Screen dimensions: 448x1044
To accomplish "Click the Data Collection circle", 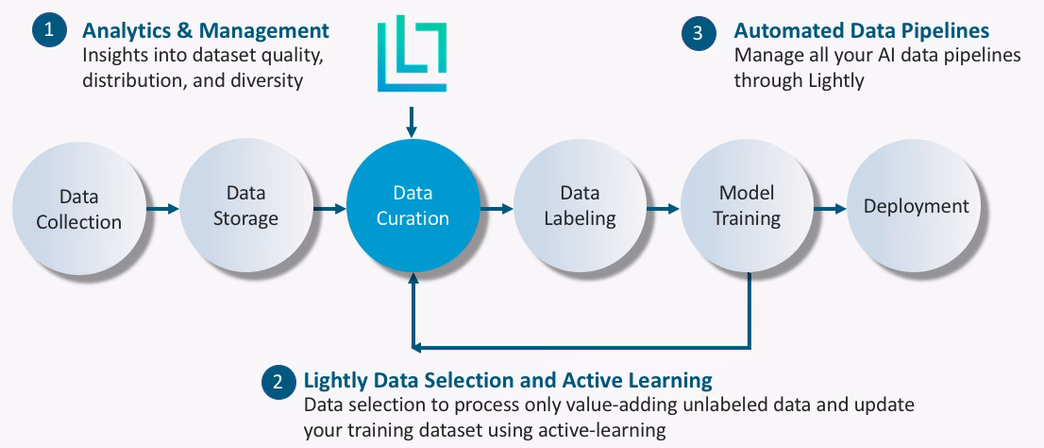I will pyautogui.click(x=78, y=209).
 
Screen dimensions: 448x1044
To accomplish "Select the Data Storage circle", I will pyautogui.click(x=245, y=206).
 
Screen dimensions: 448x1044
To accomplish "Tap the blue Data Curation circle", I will pyautogui.click(x=413, y=206).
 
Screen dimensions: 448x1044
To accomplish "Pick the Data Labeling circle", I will pyautogui.click(x=580, y=206).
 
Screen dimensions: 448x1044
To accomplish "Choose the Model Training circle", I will pyautogui.click(x=747, y=206).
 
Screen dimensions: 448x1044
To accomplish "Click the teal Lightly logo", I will pyautogui.click(x=412, y=53).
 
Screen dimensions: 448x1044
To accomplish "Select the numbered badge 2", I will pyautogui.click(x=278, y=382).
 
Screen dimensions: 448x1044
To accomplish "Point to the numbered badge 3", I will pyautogui.click(x=698, y=33).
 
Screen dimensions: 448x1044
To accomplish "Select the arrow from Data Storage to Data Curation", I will pyautogui.click(x=329, y=208).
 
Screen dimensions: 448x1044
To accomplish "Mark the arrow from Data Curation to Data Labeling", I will pyautogui.click(x=497, y=206).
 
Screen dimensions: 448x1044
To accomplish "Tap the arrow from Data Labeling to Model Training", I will pyautogui.click(x=664, y=206).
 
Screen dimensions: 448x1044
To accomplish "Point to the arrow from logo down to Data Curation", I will pyautogui.click(x=412, y=120).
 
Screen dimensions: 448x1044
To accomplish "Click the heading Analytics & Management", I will pyautogui.click(x=206, y=30).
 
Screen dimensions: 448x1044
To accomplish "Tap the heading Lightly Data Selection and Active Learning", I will pyautogui.click(x=507, y=381).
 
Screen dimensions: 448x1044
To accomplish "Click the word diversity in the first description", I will pyautogui.click(x=267, y=80).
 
